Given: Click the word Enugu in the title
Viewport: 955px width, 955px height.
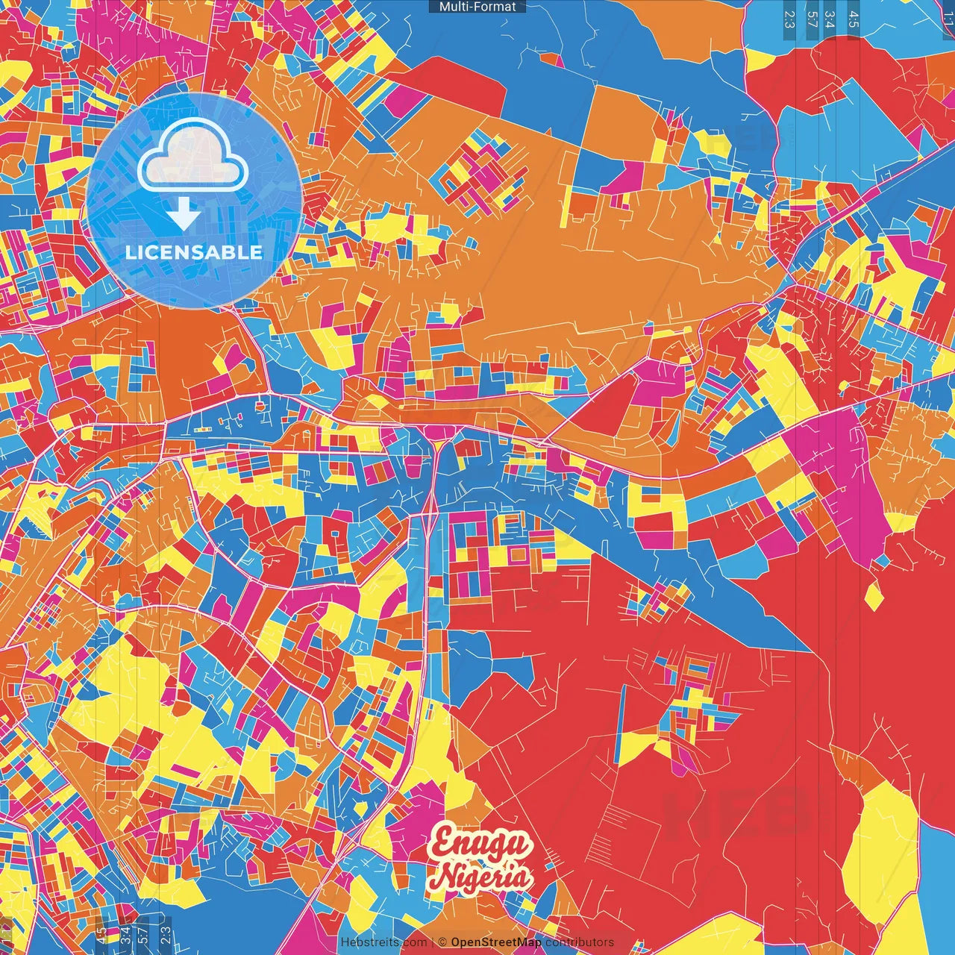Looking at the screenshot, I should (481, 844).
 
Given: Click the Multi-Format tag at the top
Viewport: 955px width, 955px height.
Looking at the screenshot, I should (477, 7).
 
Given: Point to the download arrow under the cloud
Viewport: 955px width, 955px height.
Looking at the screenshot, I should (183, 216).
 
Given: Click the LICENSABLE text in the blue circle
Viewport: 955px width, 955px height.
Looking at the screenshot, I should (194, 252).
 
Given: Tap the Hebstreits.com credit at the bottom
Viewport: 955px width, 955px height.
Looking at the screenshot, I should (383, 942).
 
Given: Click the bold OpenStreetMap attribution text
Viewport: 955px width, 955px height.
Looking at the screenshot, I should (496, 942).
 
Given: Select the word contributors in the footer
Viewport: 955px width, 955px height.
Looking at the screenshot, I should (580, 942).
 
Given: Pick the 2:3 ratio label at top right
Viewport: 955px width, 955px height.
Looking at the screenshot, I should (789, 19).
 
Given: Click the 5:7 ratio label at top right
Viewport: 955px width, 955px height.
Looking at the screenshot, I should (812, 19).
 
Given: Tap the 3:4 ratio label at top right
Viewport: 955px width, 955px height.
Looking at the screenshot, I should (830, 19).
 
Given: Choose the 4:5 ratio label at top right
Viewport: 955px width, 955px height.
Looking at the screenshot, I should (854, 19).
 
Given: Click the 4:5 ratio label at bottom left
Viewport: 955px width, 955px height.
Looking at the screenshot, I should (101, 934).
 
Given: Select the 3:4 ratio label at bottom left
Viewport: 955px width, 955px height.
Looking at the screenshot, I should (125, 934).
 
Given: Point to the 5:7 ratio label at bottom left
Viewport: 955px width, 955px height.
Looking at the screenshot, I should (143, 934).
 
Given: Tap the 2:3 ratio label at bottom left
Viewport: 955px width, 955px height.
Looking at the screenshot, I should (166, 934).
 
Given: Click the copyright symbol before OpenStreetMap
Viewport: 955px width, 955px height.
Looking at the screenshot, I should (442, 942).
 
